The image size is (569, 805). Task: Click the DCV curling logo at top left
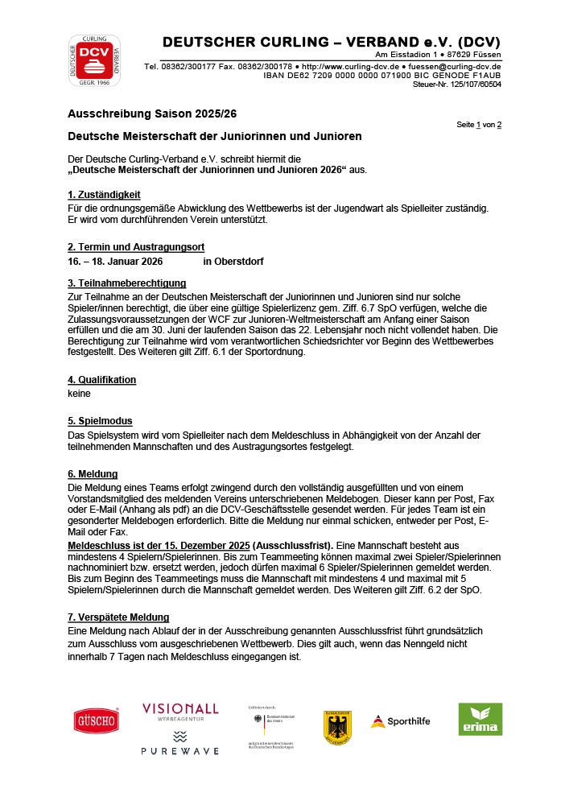point(94,60)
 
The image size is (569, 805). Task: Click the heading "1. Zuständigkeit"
point(104,195)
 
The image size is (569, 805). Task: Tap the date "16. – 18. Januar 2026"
point(115,262)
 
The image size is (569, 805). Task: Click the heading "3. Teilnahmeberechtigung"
point(127,283)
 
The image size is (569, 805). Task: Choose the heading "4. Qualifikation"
point(102,380)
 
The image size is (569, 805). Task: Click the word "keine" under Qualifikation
point(80,394)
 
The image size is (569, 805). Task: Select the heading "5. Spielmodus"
point(100,421)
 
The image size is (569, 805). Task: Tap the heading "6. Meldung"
point(93,474)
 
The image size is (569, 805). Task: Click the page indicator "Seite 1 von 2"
point(479,125)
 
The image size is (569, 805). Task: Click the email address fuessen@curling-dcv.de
point(454,66)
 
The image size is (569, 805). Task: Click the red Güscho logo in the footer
point(97,720)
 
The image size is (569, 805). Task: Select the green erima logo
point(480,719)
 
